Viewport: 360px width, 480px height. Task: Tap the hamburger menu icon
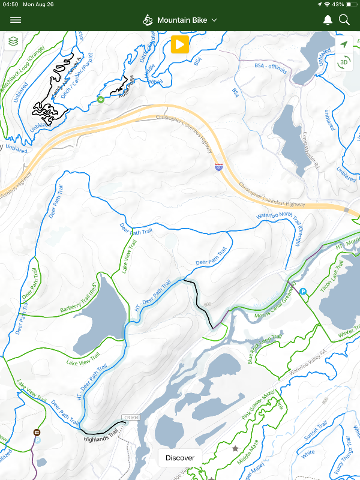pos(16,20)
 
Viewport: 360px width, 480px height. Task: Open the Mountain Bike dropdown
pos(180,20)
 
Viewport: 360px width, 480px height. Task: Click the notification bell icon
pos(328,20)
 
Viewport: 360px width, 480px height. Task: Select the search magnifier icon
pos(344,20)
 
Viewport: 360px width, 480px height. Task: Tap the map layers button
pos(13,41)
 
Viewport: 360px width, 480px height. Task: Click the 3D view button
pos(344,62)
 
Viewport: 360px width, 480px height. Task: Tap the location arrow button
pos(344,44)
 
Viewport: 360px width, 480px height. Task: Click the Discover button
pos(180,458)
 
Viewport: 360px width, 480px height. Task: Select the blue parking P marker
pos(303,292)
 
